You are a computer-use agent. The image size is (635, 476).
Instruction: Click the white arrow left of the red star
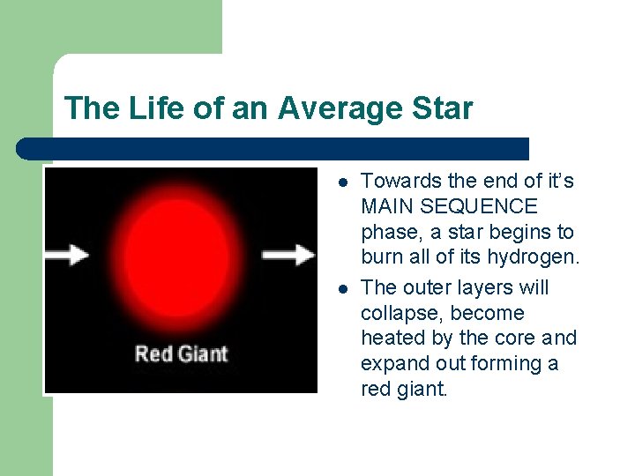(67, 255)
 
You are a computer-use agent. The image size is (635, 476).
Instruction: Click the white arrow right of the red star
(289, 255)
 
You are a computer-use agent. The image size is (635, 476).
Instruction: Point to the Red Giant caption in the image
(181, 354)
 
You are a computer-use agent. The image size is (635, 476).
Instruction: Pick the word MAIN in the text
(385, 207)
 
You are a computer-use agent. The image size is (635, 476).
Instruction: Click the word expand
(393, 364)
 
